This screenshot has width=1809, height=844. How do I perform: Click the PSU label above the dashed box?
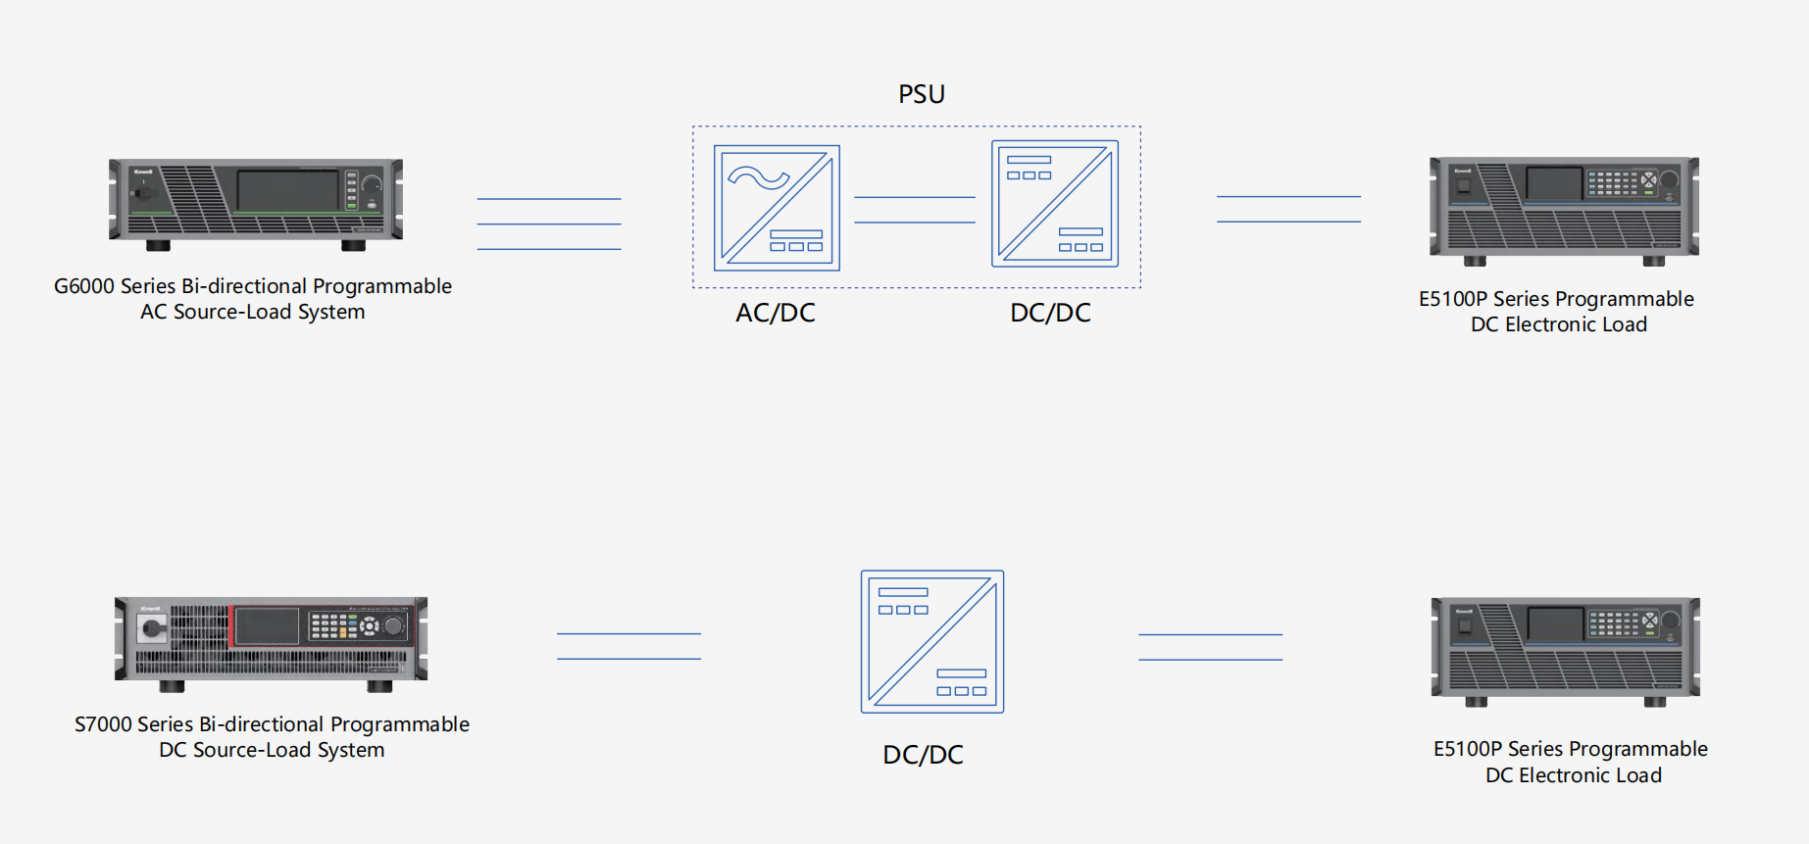point(922,94)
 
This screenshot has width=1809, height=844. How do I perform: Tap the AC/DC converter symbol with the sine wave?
point(777,208)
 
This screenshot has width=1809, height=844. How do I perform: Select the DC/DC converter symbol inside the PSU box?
point(1054,204)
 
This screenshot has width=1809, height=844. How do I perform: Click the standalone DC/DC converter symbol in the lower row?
point(931,641)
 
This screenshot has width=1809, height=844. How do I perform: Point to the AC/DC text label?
point(776,313)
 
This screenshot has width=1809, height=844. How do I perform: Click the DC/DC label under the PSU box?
point(1050,313)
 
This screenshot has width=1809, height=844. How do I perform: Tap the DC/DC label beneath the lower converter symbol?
point(923,755)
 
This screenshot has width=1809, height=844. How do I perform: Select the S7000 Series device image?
point(271,642)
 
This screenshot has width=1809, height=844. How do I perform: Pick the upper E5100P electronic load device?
point(1564,210)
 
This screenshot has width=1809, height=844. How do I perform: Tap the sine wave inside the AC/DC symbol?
point(758,178)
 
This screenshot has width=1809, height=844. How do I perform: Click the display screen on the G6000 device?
point(287,189)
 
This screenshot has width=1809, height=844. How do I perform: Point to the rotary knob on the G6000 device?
point(372,184)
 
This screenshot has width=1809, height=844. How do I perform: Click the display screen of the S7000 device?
point(266,626)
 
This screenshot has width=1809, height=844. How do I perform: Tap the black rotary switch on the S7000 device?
point(152,629)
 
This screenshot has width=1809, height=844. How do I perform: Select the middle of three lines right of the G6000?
point(548,224)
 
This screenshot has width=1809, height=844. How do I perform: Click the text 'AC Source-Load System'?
point(252,312)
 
